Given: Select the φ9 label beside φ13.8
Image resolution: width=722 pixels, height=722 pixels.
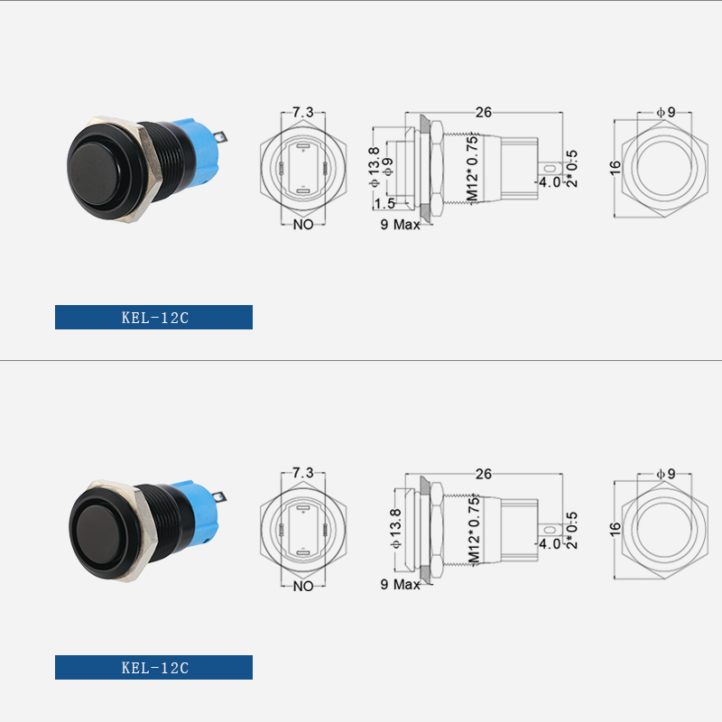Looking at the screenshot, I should pyautogui.click(x=388, y=168).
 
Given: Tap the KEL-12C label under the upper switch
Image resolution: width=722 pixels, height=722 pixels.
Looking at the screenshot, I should pyautogui.click(x=154, y=317).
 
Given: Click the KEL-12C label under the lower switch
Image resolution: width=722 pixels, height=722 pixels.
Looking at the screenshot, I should pyautogui.click(x=154, y=668).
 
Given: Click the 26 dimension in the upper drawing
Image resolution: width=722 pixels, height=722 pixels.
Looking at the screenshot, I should pyautogui.click(x=484, y=112).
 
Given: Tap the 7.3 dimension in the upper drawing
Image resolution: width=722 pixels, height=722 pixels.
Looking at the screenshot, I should pyautogui.click(x=303, y=112).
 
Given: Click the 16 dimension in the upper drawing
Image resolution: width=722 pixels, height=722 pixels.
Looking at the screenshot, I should pyautogui.click(x=616, y=168).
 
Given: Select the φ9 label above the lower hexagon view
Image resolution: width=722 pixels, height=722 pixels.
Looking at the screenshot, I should pyautogui.click(x=665, y=473).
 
